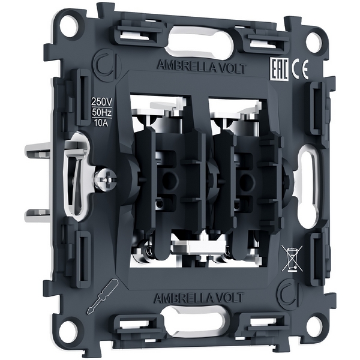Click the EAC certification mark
(x=280, y=70)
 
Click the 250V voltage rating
(x=101, y=101)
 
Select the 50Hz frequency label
(x=101, y=113)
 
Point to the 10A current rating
(x=101, y=123)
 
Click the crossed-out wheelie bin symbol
(x=292, y=258)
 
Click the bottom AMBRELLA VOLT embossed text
(x=199, y=298)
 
